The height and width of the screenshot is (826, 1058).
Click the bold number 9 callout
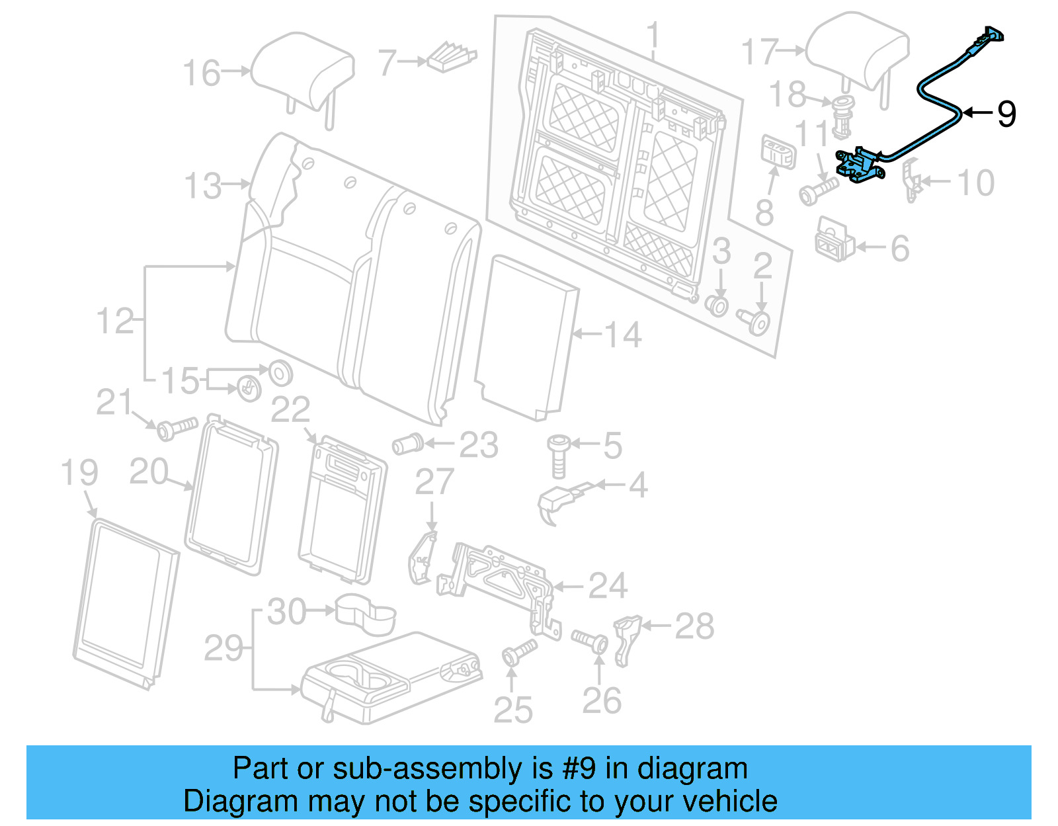click(1006, 114)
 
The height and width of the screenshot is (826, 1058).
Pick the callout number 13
click(203, 186)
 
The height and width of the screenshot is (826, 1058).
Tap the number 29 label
click(224, 648)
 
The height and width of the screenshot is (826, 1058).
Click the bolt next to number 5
click(557, 455)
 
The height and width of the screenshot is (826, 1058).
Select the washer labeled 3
click(719, 306)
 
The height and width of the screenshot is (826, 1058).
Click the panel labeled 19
click(126, 602)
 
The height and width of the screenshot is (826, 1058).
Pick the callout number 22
click(290, 410)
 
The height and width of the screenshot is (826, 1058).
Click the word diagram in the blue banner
click(692, 768)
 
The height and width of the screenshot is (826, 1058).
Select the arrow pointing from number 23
click(439, 444)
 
